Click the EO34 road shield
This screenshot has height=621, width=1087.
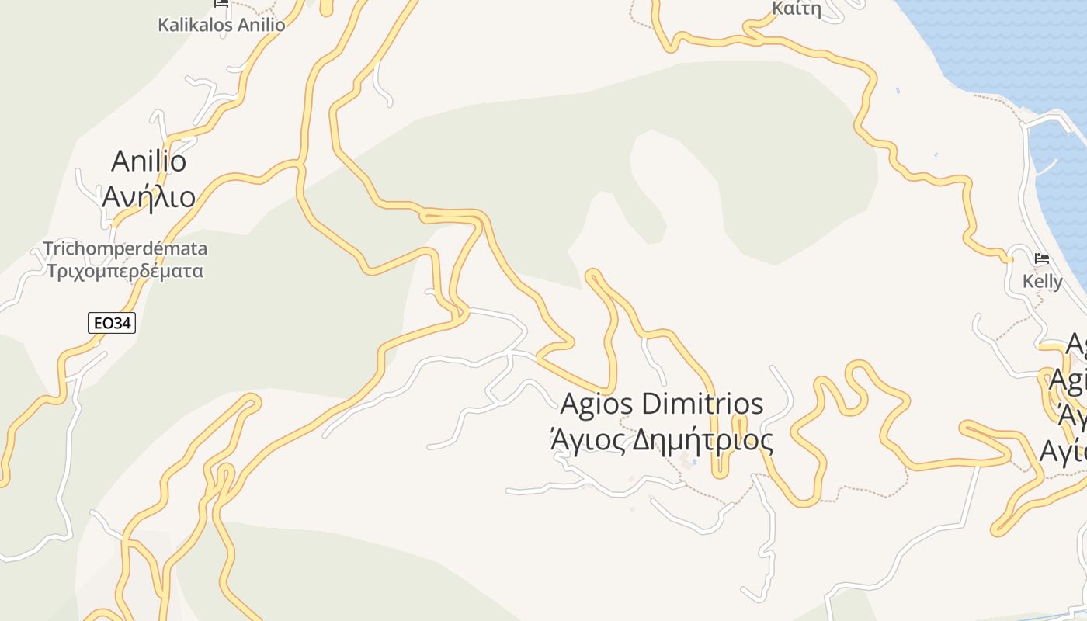[112, 323]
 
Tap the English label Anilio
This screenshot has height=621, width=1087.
[149, 161]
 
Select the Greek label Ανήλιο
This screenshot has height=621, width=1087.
[149, 197]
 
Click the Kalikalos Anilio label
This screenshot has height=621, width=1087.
[221, 25]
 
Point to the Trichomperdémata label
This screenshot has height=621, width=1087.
[125, 249]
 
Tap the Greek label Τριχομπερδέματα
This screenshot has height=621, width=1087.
[125, 272]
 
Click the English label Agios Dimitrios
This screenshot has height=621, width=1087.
[662, 404]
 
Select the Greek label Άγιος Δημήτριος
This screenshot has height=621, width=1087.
[662, 441]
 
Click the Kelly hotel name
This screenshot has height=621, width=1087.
[1042, 282]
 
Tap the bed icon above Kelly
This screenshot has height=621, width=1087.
[1042, 258]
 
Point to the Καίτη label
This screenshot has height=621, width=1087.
[797, 9]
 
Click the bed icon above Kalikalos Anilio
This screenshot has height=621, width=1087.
[221, 3]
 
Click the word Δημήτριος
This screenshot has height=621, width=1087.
[703, 441]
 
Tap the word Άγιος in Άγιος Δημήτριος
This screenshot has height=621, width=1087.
[589, 441]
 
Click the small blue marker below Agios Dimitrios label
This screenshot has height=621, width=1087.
[694, 463]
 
